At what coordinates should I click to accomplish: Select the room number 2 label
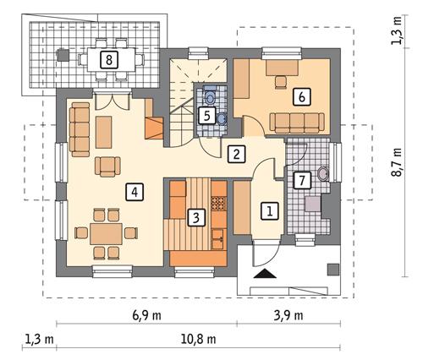click(x=237, y=154)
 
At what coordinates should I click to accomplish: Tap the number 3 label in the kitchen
click(x=195, y=217)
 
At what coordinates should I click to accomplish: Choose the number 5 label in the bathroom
click(x=206, y=115)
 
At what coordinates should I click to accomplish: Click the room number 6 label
click(x=299, y=96)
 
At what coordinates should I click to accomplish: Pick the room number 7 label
click(x=301, y=180)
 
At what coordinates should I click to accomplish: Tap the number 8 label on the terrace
click(x=107, y=59)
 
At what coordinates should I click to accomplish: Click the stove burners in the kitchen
click(x=217, y=204)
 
